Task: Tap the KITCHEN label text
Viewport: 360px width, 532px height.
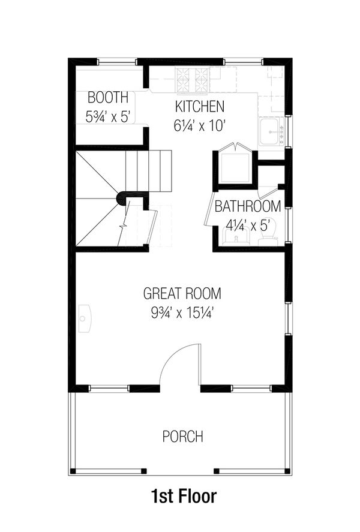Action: click(x=200, y=107)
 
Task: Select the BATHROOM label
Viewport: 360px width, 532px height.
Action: click(x=248, y=207)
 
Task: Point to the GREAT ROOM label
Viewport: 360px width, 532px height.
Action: click(x=182, y=294)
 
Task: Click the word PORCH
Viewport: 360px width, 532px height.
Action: click(x=182, y=437)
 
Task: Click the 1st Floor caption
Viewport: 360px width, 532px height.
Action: click(x=182, y=497)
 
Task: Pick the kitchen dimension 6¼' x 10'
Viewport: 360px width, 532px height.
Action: click(x=200, y=126)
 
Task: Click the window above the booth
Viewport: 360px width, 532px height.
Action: click(x=116, y=61)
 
